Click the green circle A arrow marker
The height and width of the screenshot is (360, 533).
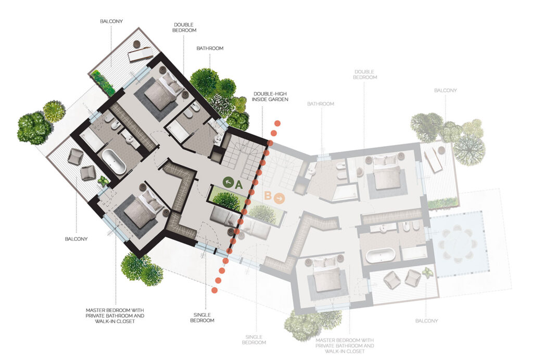[x=228, y=183]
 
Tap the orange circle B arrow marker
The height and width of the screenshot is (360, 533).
[x=280, y=198]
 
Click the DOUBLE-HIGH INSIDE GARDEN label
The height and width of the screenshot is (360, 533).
[x=270, y=96]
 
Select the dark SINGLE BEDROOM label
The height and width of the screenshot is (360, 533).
[x=202, y=317]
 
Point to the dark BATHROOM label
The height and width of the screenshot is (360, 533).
[x=210, y=48]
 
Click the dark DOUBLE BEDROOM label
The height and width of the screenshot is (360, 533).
[x=184, y=28]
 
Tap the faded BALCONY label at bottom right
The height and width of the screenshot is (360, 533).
[x=427, y=320]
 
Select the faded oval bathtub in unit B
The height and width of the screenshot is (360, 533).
[x=380, y=255]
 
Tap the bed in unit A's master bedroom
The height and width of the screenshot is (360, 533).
[x=142, y=208]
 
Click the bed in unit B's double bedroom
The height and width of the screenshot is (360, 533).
[x=386, y=172]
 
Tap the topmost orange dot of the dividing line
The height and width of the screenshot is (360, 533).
[x=278, y=123]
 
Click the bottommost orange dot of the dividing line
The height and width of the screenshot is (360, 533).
[x=214, y=290]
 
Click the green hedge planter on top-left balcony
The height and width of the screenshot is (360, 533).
[x=103, y=83]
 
